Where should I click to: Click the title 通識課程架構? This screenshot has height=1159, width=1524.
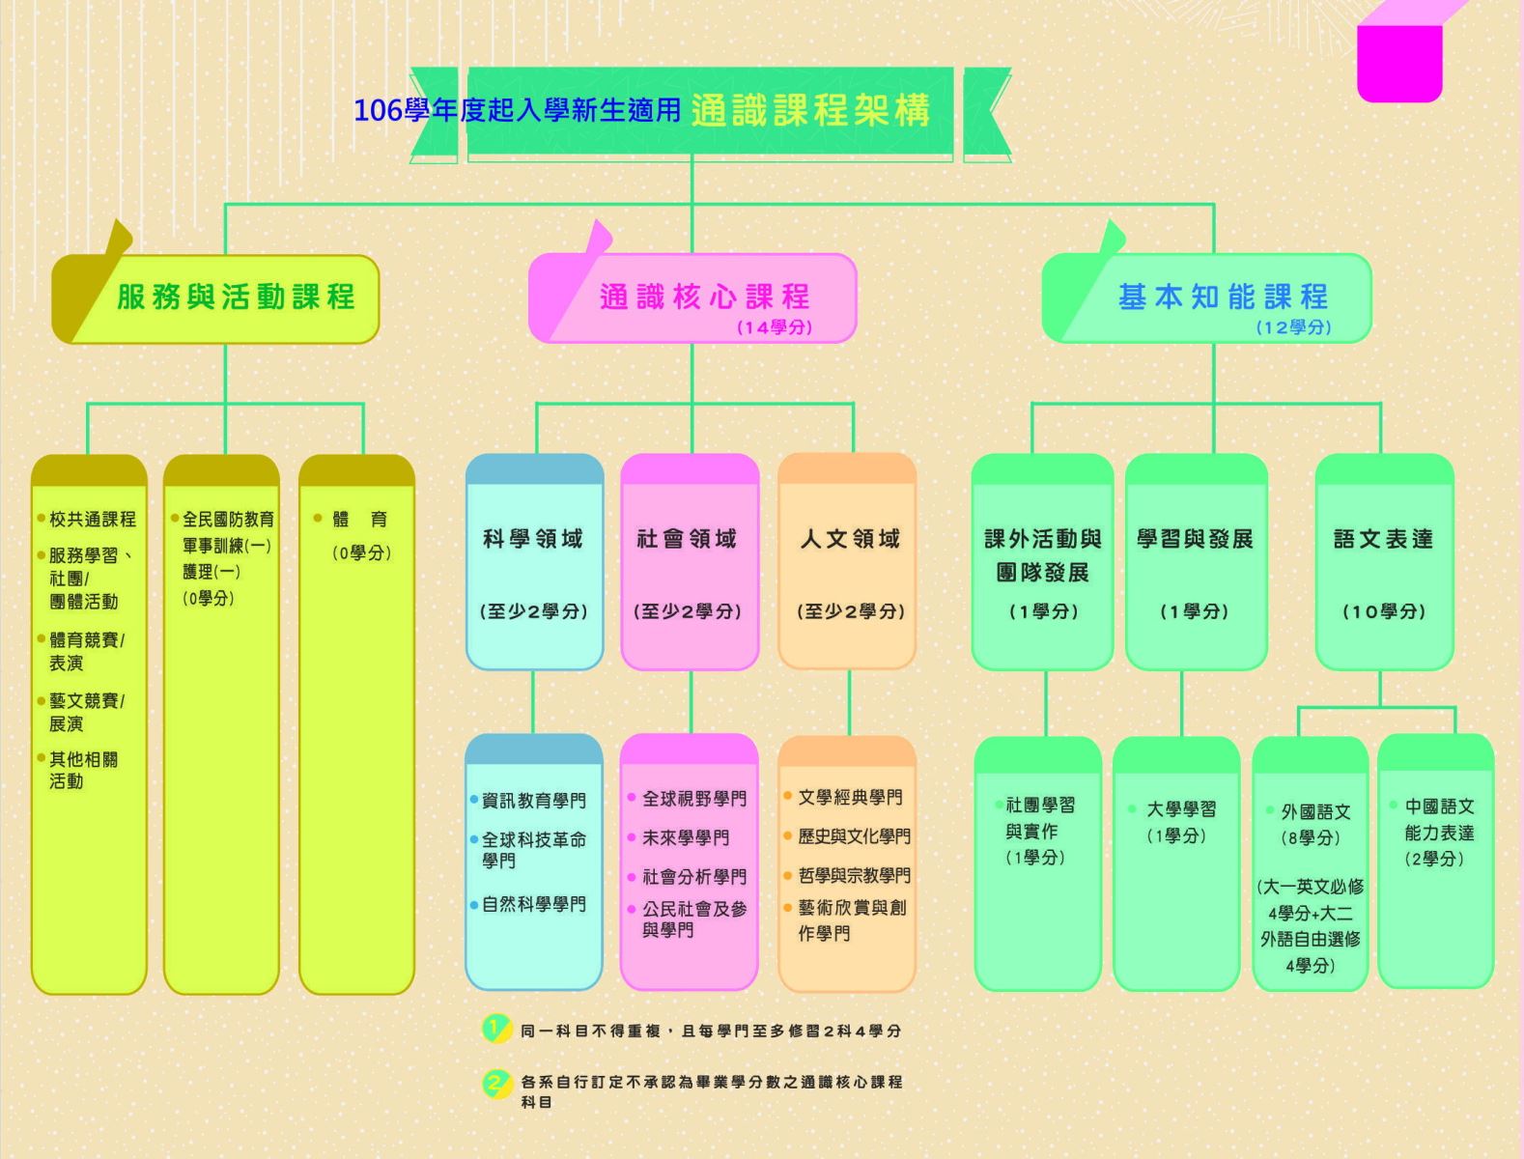pyautogui.click(x=810, y=110)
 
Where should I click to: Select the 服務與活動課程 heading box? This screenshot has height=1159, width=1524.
pyautogui.click(x=235, y=297)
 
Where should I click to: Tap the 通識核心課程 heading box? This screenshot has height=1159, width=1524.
pyautogui.click(x=704, y=297)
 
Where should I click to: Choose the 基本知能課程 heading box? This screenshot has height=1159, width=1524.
pyautogui.click(x=1223, y=297)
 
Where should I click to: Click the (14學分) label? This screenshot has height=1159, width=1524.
pyautogui.click(x=775, y=327)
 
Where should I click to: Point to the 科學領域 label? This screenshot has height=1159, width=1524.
pyautogui.click(x=533, y=539)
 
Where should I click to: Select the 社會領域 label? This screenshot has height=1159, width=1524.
pyautogui.click(x=687, y=539)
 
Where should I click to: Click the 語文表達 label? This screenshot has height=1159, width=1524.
pyautogui.click(x=1383, y=539)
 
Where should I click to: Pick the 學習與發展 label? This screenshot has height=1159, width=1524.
pyautogui.click(x=1195, y=539)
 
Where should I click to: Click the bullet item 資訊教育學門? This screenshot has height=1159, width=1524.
pyautogui.click(x=533, y=801)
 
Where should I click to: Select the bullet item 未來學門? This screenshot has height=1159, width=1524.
pyautogui.click(x=686, y=838)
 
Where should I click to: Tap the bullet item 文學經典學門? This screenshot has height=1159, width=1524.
pyautogui.click(x=850, y=798)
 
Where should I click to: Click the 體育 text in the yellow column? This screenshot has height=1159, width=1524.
pyautogui.click(x=359, y=520)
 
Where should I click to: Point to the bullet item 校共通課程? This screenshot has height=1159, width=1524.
pyautogui.click(x=92, y=520)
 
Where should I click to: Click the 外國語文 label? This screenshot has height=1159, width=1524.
pyautogui.click(x=1315, y=812)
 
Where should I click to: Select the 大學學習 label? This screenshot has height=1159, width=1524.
pyautogui.click(x=1181, y=809)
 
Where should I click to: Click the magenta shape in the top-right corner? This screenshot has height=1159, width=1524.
pyautogui.click(x=1399, y=60)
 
